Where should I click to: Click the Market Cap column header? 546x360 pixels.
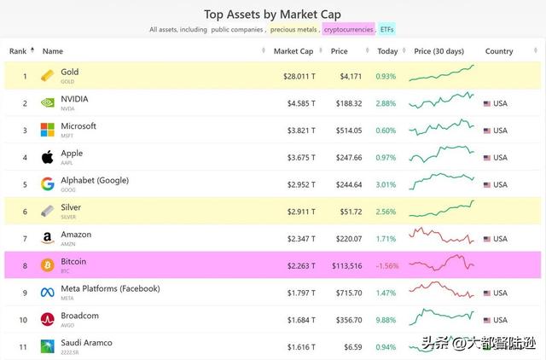[293, 51]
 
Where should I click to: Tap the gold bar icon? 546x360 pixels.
[48, 76]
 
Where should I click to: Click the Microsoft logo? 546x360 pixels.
[48, 130]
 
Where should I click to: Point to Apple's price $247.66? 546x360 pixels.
[347, 158]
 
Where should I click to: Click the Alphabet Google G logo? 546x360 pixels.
[48, 184]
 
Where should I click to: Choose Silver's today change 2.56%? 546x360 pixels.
[386, 212]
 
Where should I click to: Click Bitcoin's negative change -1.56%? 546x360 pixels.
[386, 266]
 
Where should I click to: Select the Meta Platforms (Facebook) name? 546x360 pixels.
[111, 288]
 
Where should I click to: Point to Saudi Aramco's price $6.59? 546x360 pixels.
[352, 347]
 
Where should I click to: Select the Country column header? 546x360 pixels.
[499, 51]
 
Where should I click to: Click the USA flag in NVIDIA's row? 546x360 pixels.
[487, 103]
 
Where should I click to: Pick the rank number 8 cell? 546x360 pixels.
[25, 266]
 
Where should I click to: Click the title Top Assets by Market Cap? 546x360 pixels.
[272, 13]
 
